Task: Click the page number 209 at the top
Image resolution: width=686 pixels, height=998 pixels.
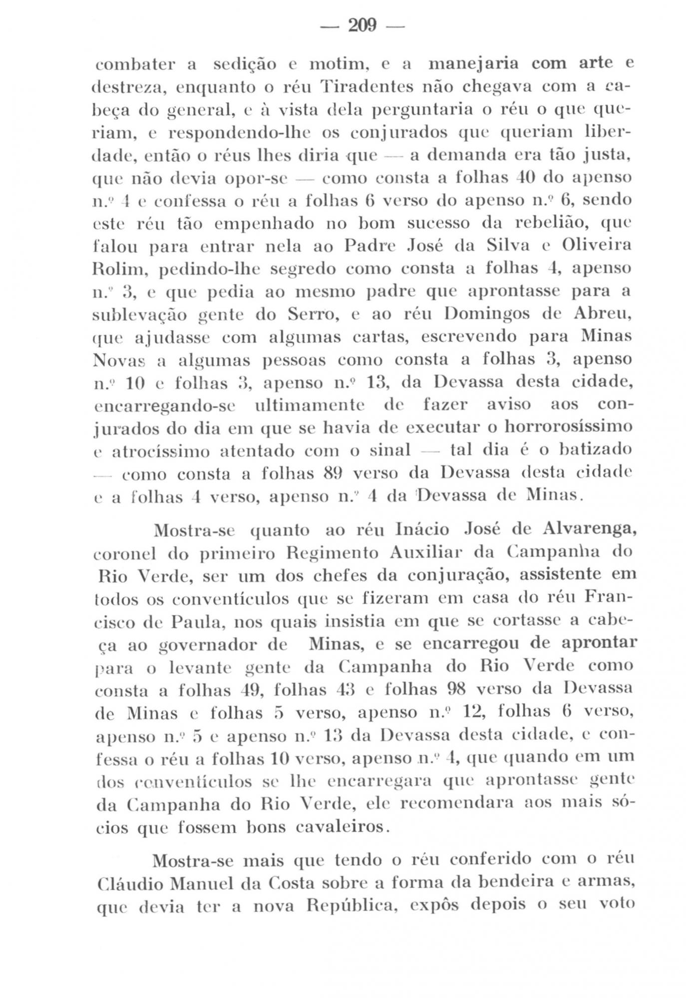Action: coord(361,25)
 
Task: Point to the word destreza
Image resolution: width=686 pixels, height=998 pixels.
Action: coord(126,88)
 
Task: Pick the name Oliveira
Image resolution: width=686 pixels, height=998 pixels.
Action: coord(596,246)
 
